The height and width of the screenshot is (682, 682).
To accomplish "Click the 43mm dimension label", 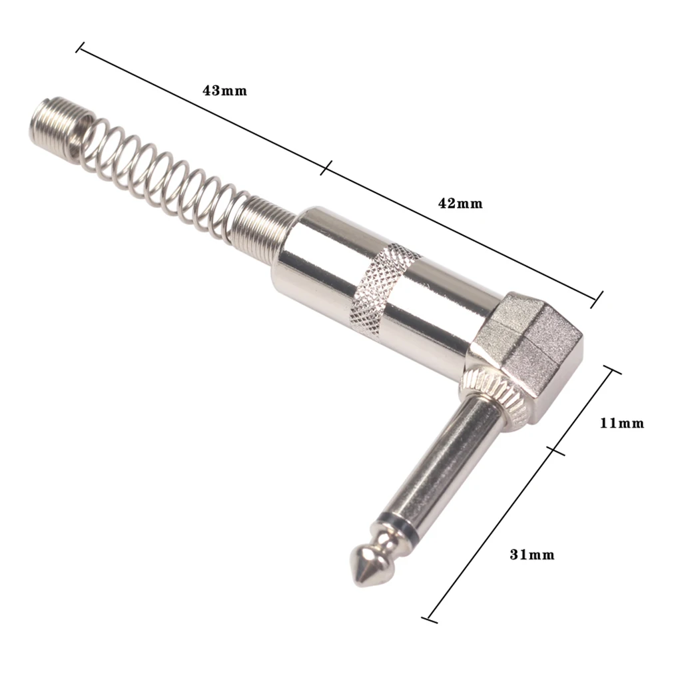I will point(224,91).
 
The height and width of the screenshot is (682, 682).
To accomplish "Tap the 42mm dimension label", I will point(460,204).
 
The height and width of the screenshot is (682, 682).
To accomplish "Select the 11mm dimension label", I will point(622,423).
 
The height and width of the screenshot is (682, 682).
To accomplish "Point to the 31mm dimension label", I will point(532,554).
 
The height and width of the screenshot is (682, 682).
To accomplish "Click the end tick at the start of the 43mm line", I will point(81,47).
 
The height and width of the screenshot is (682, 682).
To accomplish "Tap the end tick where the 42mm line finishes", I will point(598,299).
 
